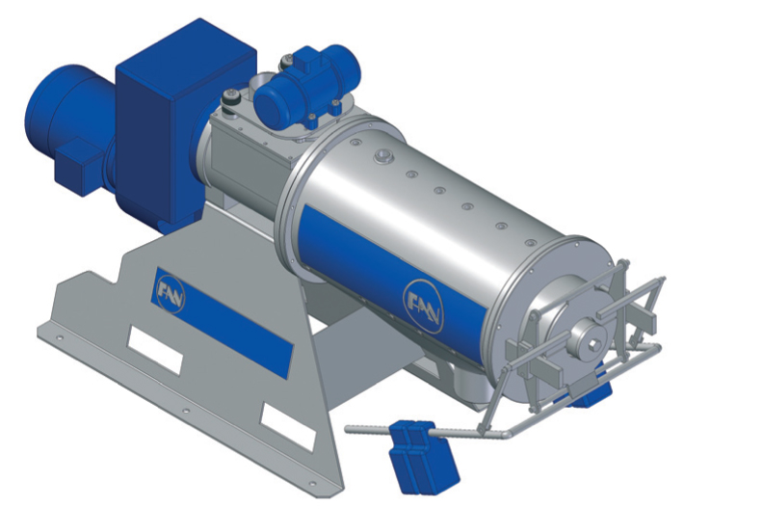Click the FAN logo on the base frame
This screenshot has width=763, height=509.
(171, 296)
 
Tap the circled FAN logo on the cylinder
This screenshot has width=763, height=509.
(424, 306)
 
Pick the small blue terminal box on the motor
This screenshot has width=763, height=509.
(78, 166)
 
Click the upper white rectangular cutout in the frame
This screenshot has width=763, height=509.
(155, 349)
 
